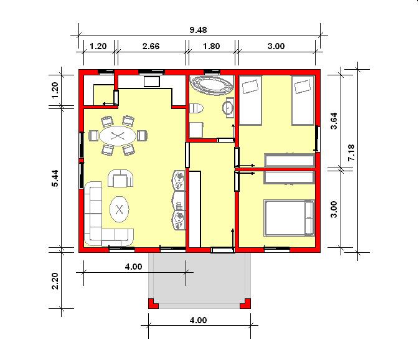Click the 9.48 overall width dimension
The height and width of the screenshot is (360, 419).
[198, 30]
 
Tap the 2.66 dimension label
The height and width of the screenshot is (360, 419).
[151, 46]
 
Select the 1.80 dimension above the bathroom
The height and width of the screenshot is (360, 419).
[212, 46]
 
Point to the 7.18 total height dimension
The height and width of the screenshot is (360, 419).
[351, 153]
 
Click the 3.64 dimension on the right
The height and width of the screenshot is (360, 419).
[334, 121]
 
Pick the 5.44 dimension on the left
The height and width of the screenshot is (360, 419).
[55, 178]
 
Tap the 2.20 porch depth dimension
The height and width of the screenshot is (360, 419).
[55, 281]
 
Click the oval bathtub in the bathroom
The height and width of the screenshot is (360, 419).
[212, 85]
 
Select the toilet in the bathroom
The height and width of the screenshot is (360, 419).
[196, 108]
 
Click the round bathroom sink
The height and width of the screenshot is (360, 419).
[228, 108]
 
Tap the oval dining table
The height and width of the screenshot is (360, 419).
[118, 136]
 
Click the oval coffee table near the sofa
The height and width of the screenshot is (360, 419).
[120, 209]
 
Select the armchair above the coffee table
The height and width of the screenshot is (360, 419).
[120, 178]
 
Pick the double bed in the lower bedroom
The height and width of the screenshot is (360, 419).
[289, 218]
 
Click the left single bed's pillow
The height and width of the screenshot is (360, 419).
[250, 87]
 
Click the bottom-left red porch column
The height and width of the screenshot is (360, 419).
[153, 304]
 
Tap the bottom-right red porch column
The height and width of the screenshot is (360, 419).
[245, 304]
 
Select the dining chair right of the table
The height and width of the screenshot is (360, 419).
[142, 136]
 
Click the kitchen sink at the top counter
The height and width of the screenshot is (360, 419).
[152, 82]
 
